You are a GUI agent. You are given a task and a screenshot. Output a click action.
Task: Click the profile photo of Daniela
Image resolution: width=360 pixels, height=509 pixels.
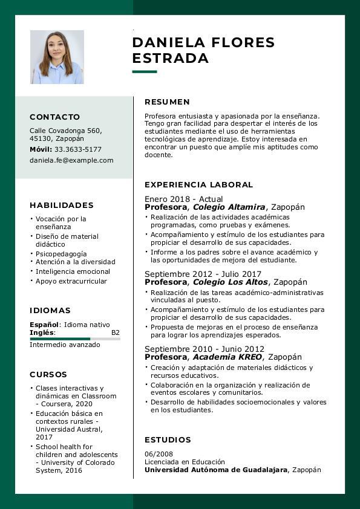coord(57,57)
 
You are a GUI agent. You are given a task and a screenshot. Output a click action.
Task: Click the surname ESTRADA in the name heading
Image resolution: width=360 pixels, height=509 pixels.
coord(170,59)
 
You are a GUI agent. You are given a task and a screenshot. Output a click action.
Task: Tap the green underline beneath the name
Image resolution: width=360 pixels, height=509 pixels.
coord(144,72)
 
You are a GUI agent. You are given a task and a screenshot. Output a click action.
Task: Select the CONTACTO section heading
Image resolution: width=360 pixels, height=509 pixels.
coord(54,117)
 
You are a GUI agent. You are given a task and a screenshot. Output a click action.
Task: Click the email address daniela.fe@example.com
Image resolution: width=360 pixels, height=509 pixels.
coord(71,160)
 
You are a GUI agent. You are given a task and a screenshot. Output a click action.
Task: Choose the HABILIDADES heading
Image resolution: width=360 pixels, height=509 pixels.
coord(62,205)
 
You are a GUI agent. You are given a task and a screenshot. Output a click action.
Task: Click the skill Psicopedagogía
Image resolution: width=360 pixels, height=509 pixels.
coord(61,254)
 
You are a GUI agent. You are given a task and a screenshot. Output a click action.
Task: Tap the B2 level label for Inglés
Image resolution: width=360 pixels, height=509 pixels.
coord(116,332)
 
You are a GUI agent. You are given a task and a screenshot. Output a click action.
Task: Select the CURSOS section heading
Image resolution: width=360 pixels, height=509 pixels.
coord(48,374)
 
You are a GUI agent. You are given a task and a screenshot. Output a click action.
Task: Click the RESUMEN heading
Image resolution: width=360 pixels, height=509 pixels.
coord(167,102)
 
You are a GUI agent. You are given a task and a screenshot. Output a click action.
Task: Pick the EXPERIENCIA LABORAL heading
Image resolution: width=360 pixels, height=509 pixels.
coord(198,184)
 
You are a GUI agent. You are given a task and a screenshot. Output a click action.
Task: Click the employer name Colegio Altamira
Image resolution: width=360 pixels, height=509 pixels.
coord(229,207)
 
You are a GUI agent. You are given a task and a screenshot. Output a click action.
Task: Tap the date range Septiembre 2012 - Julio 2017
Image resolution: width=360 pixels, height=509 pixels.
coord(203,274)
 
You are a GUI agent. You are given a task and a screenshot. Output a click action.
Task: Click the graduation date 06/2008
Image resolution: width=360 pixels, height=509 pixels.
coord(159,454)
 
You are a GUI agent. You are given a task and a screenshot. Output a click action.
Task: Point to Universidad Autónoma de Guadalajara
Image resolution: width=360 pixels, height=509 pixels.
coord(216,470)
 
